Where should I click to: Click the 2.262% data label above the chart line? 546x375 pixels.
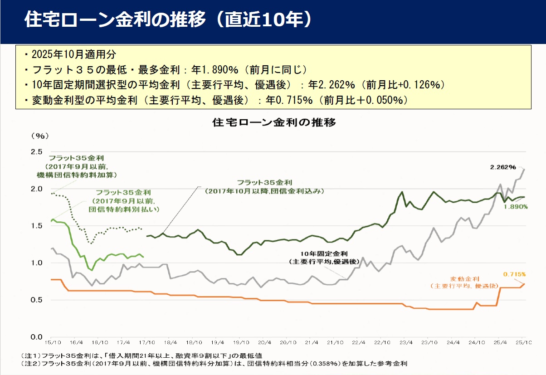[502, 167]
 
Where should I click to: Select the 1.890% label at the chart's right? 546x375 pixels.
[515, 206]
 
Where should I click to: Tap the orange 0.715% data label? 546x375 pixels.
[514, 274]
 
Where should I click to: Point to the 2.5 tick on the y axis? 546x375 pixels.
[37, 151]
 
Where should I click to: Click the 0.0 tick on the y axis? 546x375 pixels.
[37, 337]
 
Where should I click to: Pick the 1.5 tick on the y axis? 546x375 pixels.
[37, 226]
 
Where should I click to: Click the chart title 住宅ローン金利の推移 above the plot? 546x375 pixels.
[273, 122]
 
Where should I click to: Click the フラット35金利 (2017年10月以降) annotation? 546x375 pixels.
[265, 187]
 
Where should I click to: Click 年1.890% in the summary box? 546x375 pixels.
[213, 70]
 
